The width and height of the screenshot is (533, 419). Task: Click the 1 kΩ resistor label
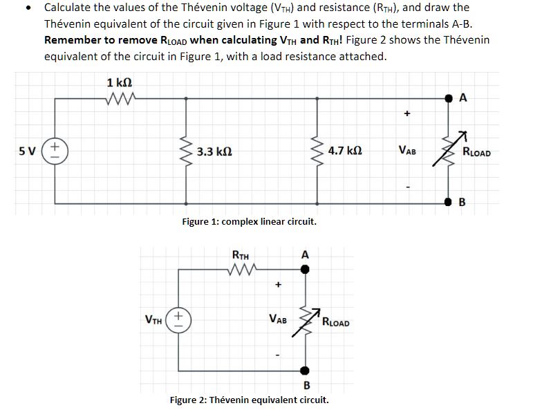[x=120, y=83]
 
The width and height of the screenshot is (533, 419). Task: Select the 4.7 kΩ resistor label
[x=347, y=151]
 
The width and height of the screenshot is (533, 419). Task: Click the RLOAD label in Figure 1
[x=476, y=152]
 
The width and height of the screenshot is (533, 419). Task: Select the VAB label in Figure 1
[x=408, y=151]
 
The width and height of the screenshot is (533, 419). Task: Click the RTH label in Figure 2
[x=241, y=254]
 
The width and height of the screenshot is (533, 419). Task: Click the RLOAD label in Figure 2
[x=336, y=322]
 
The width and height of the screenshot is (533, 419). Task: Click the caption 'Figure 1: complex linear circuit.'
[x=249, y=222]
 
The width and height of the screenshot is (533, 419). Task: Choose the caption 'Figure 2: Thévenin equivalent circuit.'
[x=249, y=400]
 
